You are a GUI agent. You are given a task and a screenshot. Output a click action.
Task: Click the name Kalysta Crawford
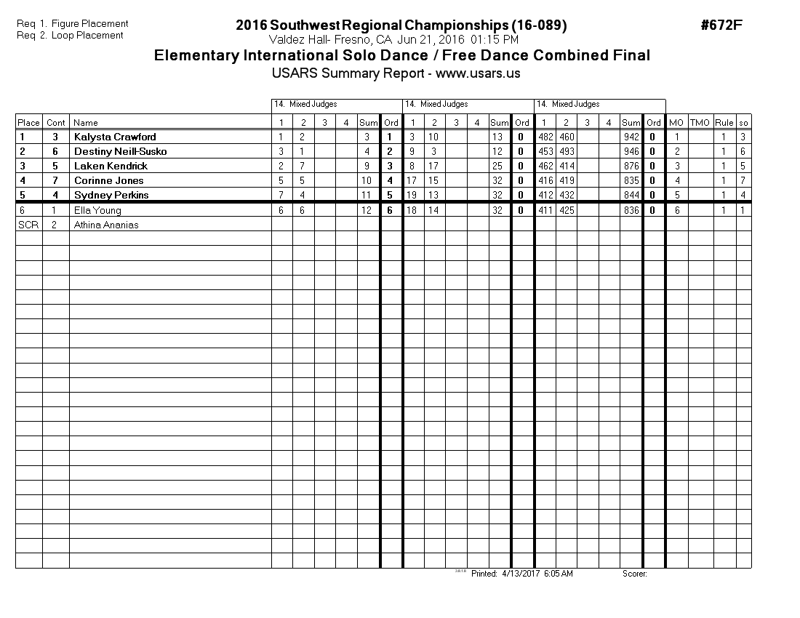tap(115, 137)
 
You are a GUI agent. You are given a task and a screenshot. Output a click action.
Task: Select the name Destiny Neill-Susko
tap(120, 151)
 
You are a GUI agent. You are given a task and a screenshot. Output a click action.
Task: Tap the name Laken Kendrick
tap(111, 166)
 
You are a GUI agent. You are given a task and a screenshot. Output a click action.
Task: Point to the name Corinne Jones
tap(108, 180)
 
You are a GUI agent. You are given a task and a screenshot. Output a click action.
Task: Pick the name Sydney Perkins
tap(111, 195)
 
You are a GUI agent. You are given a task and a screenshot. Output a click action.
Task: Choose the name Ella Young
tap(97, 210)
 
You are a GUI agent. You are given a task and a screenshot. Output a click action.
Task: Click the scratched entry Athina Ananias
tap(106, 225)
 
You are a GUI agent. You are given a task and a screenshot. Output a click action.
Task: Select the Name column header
tap(86, 123)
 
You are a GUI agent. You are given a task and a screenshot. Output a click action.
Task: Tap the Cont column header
tap(56, 123)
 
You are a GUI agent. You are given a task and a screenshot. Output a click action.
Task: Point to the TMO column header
tap(700, 123)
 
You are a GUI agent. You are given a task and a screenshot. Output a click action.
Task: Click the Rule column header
tap(724, 123)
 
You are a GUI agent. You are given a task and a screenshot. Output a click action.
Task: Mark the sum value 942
tap(631, 137)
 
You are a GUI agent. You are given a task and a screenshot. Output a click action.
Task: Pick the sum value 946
tap(631, 151)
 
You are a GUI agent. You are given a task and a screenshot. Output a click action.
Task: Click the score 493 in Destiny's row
tap(566, 151)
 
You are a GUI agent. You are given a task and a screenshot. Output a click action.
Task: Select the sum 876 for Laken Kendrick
tap(631, 166)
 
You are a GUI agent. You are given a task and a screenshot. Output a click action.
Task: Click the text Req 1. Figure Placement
tap(73, 24)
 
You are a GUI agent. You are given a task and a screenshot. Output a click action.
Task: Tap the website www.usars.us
tap(478, 73)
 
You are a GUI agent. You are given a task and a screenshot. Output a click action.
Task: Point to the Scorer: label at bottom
tap(634, 574)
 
